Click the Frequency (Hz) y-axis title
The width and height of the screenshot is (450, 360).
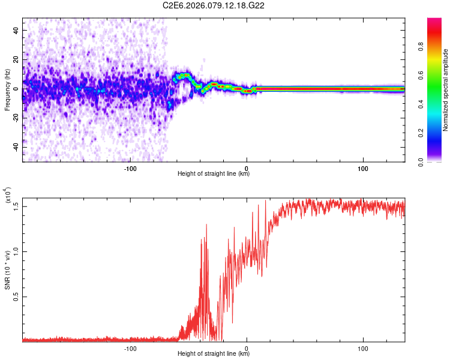pos(7,90)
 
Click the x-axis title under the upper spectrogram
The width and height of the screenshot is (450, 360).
pos(214,174)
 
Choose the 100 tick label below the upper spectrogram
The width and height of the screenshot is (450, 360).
pos(363,167)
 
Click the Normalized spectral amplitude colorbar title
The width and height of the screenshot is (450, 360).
pos(446,90)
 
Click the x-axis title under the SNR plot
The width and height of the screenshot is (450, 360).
pos(214,355)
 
